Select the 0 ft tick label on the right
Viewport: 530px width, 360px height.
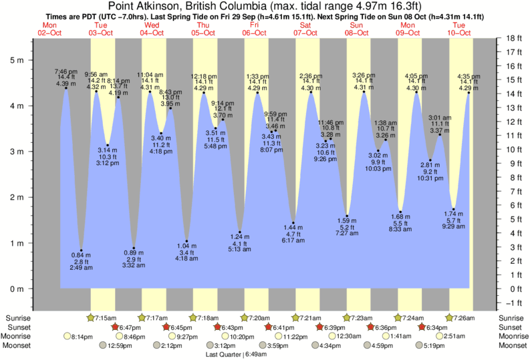tap(514, 289)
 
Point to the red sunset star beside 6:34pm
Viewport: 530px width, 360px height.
tap(422, 327)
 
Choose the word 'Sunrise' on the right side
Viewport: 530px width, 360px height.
tap(513, 318)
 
